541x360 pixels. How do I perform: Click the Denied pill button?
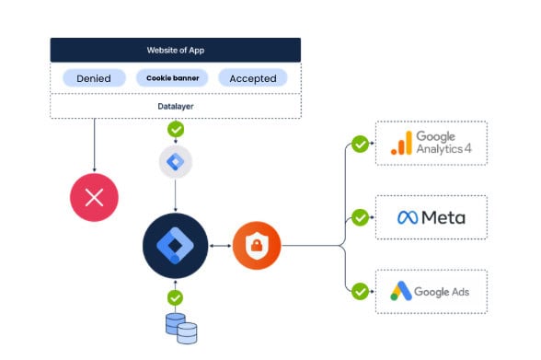click(94, 78)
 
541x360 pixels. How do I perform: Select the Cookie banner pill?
click(173, 78)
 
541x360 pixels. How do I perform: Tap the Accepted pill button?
click(253, 78)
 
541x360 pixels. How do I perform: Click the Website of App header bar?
click(175, 50)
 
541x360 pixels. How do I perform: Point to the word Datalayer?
click(175, 106)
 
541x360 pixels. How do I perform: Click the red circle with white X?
click(94, 197)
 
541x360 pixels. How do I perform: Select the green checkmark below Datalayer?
click(176, 130)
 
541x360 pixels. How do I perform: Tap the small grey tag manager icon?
click(175, 161)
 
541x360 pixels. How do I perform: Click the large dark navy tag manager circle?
click(175, 246)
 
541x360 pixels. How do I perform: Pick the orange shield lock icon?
click(257, 246)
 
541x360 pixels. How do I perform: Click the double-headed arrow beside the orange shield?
click(221, 246)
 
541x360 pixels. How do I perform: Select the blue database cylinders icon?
click(181, 329)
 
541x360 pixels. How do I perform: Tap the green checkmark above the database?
click(175, 297)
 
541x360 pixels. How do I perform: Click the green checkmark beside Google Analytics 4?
click(361, 144)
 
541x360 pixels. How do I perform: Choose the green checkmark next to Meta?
click(361, 217)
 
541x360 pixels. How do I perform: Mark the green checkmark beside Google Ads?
click(361, 291)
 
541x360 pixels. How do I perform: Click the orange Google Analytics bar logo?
click(401, 143)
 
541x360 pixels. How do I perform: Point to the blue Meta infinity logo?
click(408, 217)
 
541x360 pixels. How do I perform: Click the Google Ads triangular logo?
click(401, 291)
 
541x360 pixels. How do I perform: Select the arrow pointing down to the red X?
click(94, 145)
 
